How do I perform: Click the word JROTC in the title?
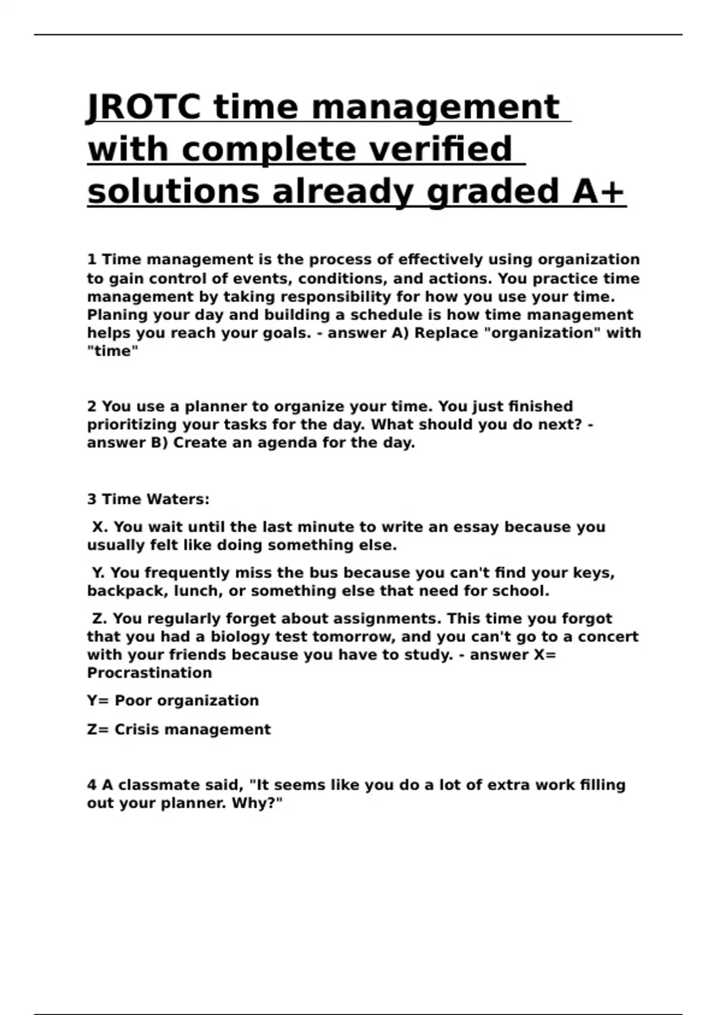click(x=143, y=107)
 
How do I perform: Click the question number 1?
click(x=91, y=260)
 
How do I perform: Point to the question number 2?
click(x=91, y=407)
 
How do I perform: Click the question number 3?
click(x=91, y=499)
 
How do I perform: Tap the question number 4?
click(x=91, y=785)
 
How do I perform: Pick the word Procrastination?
click(x=149, y=673)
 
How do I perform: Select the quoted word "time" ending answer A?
click(x=112, y=351)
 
